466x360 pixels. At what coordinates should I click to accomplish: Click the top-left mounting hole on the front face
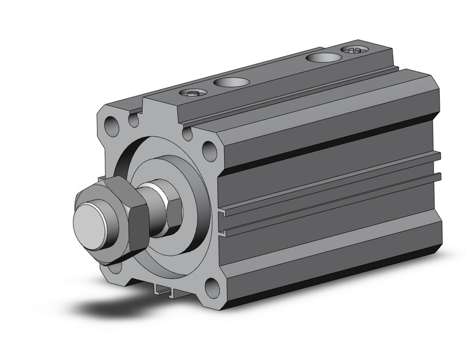tap(112, 128)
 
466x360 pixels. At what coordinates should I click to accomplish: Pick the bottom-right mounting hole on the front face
tap(212, 286)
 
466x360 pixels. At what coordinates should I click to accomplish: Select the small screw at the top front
tap(191, 93)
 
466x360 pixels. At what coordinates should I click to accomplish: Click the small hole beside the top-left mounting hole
tap(134, 120)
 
